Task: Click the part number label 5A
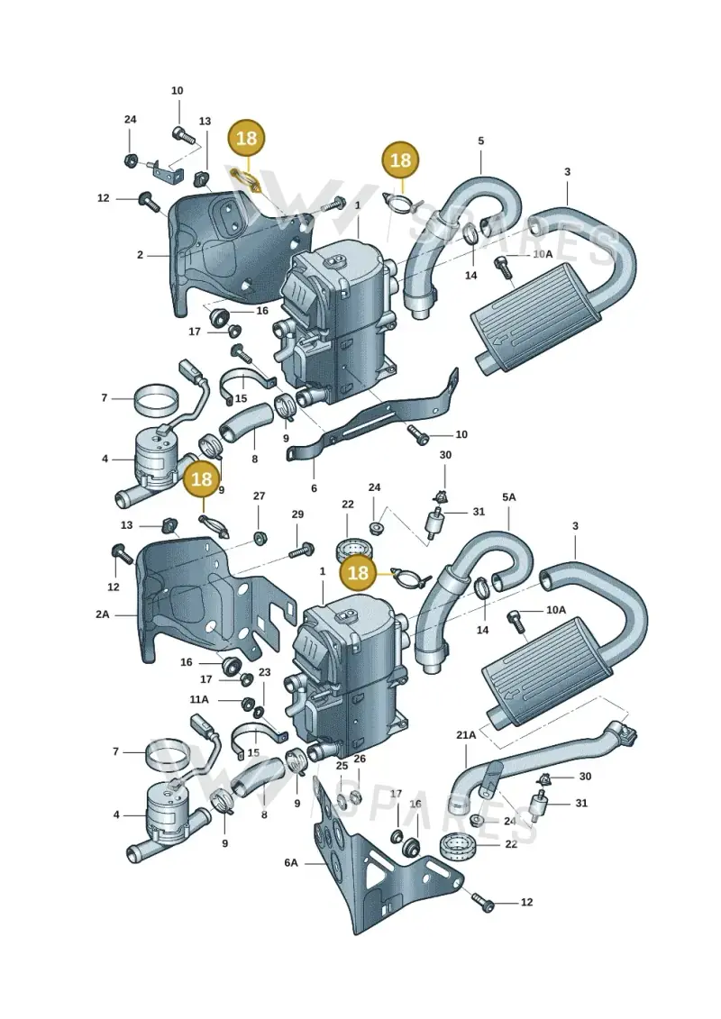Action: click(x=508, y=497)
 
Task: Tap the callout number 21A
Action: click(x=466, y=735)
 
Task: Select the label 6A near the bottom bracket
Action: click(x=290, y=863)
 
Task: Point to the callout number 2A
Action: click(x=103, y=614)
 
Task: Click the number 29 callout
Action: click(x=297, y=514)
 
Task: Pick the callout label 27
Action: click(x=259, y=496)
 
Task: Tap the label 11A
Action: click(x=199, y=699)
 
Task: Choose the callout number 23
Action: click(x=264, y=672)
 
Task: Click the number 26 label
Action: click(x=360, y=759)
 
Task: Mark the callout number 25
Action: click(x=342, y=766)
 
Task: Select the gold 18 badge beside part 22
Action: click(x=358, y=572)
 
